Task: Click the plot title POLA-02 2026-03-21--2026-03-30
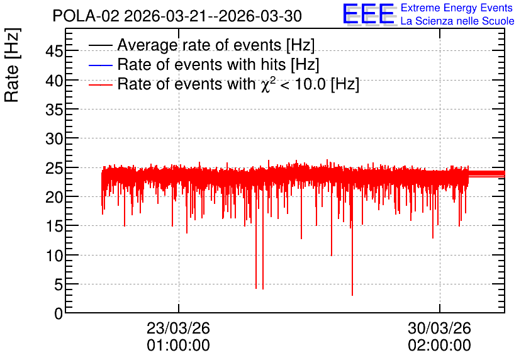(177, 16)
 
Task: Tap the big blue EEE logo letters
(368, 14)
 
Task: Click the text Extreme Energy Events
(457, 8)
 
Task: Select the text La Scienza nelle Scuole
(457, 21)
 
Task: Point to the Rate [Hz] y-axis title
(12, 65)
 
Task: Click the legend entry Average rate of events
(216, 45)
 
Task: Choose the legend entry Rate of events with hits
(218, 64)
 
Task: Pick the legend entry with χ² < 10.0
(238, 84)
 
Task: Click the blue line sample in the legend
(100, 65)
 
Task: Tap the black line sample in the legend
(100, 45)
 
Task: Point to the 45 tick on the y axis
(54, 51)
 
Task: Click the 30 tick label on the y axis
(54, 138)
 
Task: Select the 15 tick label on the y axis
(54, 226)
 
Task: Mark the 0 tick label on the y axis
(59, 313)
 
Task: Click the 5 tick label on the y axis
(59, 284)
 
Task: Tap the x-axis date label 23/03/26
(178, 328)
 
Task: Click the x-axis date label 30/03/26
(439, 328)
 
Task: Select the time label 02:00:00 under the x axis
(439, 346)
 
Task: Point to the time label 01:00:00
(178, 346)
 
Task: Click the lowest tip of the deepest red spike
(352, 296)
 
